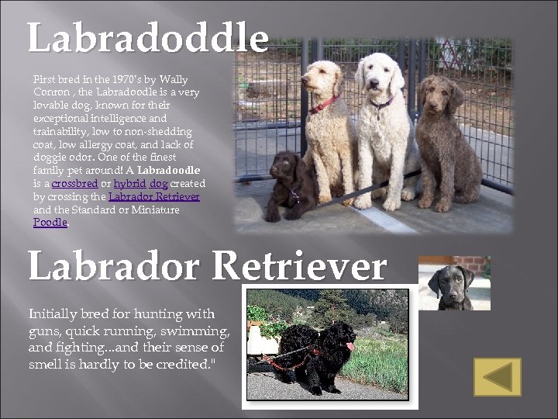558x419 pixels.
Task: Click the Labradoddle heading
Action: coord(148,38)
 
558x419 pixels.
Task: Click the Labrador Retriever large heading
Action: coord(207,266)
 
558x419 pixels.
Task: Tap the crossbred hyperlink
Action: coord(74,184)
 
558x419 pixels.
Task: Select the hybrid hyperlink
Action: coord(129,184)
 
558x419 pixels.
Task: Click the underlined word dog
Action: coord(158,184)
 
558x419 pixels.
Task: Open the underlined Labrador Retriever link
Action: coord(154,197)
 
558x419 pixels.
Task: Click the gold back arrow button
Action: coord(498,376)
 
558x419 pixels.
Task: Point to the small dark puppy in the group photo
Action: coord(286,184)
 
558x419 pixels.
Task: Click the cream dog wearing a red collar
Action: coord(329,124)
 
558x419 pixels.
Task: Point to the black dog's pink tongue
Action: coord(350,346)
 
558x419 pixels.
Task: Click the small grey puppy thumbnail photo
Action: coord(454,283)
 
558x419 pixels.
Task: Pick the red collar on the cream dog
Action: coord(324,104)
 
